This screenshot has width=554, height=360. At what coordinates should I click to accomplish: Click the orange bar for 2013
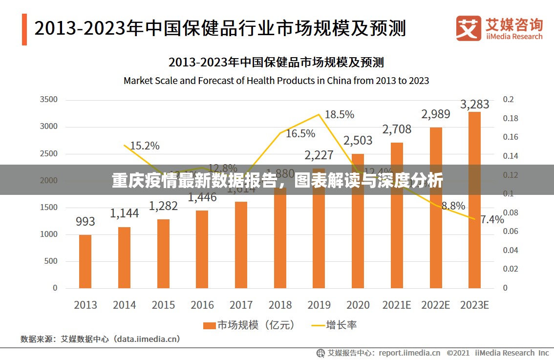(85, 261)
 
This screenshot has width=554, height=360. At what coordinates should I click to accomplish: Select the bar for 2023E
(474, 200)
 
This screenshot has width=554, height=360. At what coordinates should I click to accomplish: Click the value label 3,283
(474, 104)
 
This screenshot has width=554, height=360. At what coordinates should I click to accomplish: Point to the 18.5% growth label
(339, 114)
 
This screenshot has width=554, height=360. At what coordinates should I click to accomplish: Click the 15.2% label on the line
(145, 146)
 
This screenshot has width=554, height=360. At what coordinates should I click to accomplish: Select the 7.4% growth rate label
(491, 219)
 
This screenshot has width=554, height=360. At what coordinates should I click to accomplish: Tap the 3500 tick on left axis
(48, 100)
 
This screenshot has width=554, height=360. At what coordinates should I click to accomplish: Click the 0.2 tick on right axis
(508, 100)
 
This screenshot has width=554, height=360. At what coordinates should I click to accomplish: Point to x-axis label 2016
(202, 305)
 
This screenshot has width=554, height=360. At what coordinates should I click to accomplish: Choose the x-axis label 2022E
(435, 305)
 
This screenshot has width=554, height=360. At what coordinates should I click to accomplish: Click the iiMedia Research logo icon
(469, 28)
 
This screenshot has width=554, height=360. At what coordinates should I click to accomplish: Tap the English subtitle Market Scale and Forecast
(276, 81)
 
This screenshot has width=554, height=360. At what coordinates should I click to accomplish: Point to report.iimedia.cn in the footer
(409, 353)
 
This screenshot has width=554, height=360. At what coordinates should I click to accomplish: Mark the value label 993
(85, 221)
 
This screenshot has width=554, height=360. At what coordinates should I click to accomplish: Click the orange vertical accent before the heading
(24, 29)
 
